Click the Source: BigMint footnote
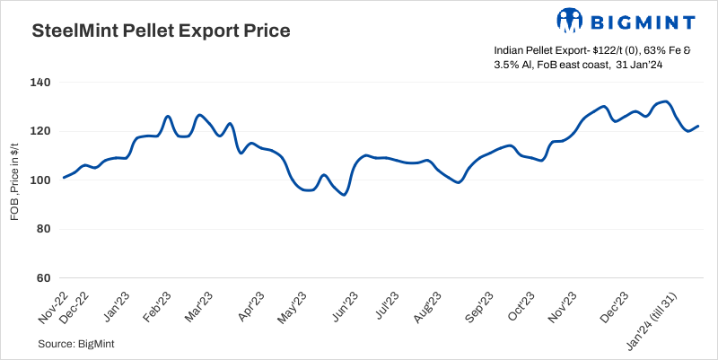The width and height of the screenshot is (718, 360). [x=76, y=344]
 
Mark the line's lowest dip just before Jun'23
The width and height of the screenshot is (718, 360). [x=344, y=195]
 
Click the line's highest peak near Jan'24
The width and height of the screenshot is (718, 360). [x=664, y=101]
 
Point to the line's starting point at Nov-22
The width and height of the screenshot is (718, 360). [x=63, y=178]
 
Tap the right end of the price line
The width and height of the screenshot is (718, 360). [x=698, y=126]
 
